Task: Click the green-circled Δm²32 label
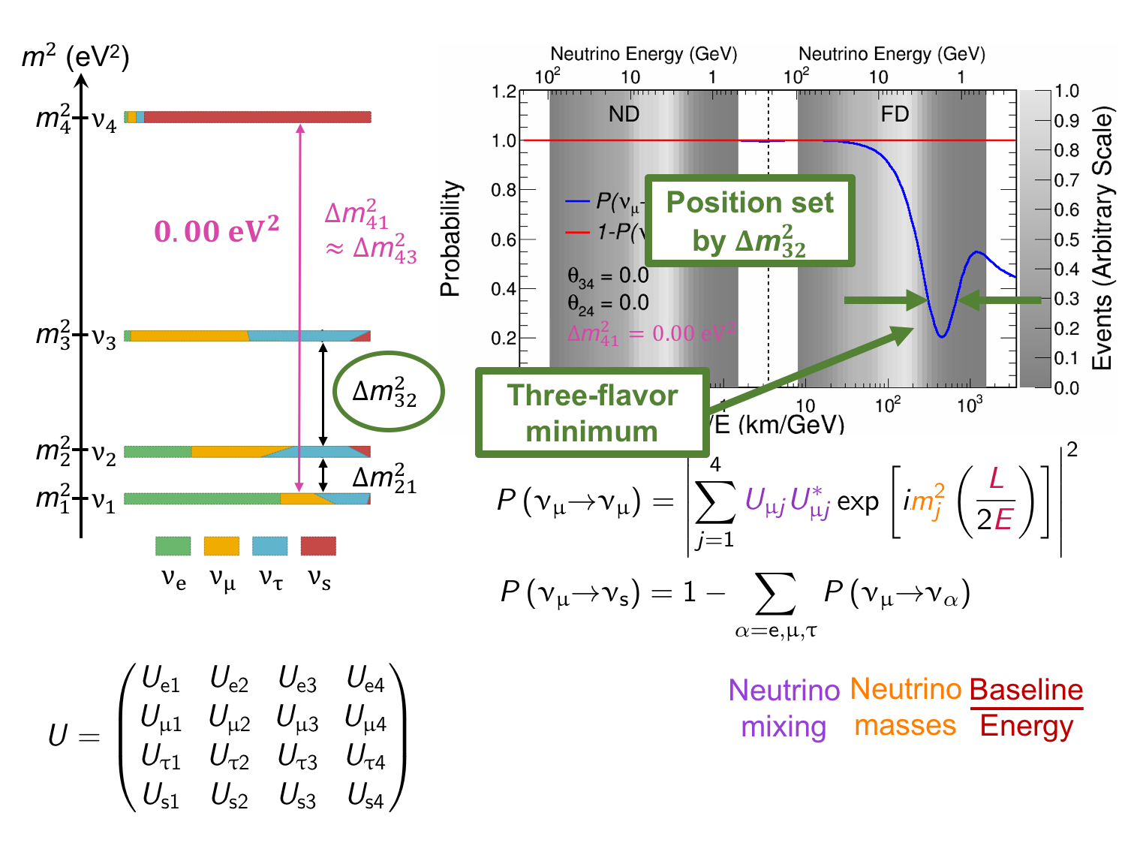click(x=387, y=392)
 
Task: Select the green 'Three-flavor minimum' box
click(x=592, y=413)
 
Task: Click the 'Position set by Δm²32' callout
click(x=750, y=221)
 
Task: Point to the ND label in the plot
click(x=624, y=114)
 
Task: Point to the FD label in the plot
click(x=895, y=114)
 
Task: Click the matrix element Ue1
click(x=161, y=680)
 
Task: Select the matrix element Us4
click(x=365, y=796)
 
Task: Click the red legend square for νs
click(x=318, y=546)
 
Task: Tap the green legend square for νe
click(x=173, y=546)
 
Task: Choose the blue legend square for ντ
click(x=270, y=546)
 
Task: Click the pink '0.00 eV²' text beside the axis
click(x=216, y=231)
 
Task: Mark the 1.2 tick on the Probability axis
click(x=504, y=92)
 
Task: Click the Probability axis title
click(x=450, y=239)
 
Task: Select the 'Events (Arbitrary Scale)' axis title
click(x=1102, y=239)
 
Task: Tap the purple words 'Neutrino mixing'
click(x=784, y=708)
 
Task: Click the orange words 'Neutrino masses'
click(x=906, y=707)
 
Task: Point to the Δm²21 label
click(x=384, y=479)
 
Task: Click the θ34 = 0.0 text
click(x=608, y=277)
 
